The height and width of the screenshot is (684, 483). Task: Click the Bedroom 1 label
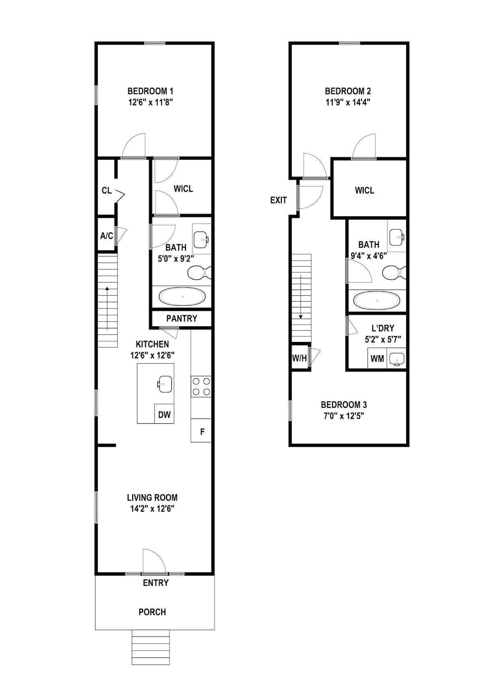[151, 91]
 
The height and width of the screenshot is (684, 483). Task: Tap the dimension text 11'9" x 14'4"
[347, 102]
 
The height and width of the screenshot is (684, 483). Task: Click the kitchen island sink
[165, 384]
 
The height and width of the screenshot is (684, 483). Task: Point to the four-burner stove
[201, 386]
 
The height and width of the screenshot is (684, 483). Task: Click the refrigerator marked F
[201, 431]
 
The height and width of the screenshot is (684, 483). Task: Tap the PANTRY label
[182, 319]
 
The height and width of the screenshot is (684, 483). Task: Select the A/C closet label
[107, 236]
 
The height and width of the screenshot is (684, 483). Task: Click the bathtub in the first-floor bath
[182, 296]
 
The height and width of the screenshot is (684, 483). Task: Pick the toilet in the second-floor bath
[394, 272]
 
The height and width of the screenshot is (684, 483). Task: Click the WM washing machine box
[377, 358]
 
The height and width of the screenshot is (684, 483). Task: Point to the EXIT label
[278, 200]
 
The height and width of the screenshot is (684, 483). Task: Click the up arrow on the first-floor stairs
[107, 309]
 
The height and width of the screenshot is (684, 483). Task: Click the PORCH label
[152, 612]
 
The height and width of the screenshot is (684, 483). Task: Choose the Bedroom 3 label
[344, 404]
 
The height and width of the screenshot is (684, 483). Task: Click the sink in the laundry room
[396, 358]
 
